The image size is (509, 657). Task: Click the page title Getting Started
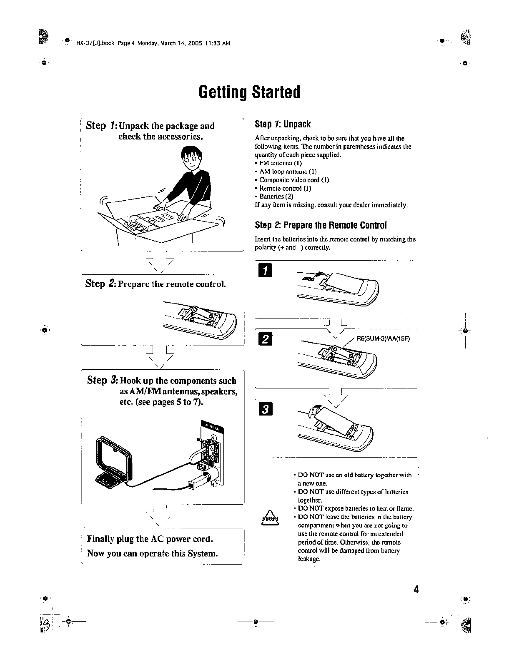tap(249, 92)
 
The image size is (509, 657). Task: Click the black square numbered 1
tap(265, 272)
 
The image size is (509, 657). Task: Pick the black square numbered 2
tap(265, 340)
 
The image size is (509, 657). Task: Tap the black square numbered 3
tap(265, 409)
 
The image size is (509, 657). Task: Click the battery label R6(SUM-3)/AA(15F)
tap(383, 338)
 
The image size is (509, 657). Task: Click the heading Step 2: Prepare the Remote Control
tap(321, 225)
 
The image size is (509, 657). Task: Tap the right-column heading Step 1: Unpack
tap(283, 124)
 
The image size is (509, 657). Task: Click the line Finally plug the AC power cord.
tap(150, 539)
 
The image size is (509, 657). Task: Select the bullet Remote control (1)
tap(285, 188)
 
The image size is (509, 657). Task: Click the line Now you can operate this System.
tap(153, 554)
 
